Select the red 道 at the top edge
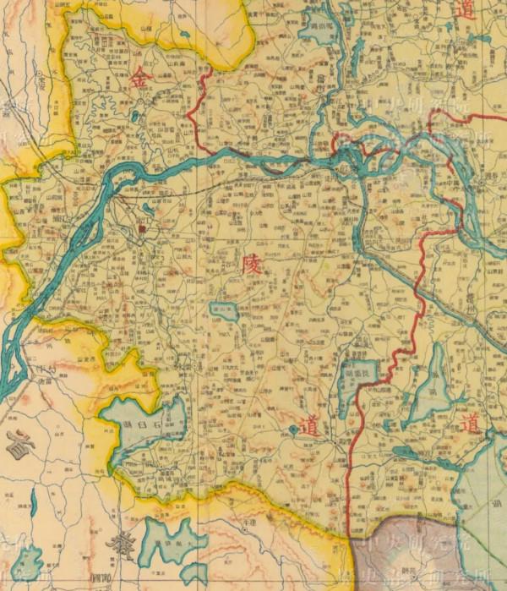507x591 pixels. pyautogui.click(x=464, y=10)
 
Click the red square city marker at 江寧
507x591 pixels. pyautogui.click(x=142, y=227)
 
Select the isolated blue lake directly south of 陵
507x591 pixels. pyautogui.click(x=225, y=310)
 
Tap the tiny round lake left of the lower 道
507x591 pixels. pyautogui.click(x=292, y=430)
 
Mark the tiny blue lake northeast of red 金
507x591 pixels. pyautogui.click(x=184, y=36)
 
